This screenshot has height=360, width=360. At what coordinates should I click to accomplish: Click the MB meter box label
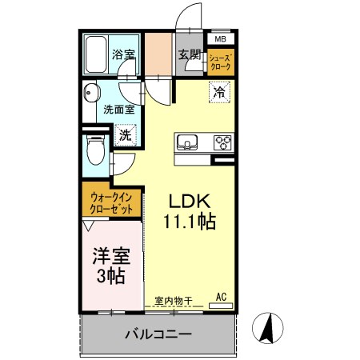221,39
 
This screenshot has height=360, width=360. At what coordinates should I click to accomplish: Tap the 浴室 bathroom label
123,54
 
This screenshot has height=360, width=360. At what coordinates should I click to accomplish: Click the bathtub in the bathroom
96,54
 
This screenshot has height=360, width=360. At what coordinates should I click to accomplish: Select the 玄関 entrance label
190,54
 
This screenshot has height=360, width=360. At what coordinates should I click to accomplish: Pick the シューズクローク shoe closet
221,62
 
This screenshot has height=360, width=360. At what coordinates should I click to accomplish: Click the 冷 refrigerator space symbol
219,92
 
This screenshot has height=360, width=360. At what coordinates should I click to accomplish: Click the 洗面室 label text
119,110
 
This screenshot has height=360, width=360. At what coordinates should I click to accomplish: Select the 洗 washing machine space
126,135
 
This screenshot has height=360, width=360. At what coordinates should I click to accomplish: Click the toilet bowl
96,150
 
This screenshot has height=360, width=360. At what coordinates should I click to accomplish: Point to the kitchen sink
187,142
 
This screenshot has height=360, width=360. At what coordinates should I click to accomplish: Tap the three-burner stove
222,142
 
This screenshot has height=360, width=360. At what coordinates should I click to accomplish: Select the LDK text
190,202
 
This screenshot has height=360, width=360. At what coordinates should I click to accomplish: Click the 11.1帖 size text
190,222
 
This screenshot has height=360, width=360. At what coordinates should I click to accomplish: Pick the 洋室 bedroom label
111,256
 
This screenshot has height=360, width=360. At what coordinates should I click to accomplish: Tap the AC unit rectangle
221,306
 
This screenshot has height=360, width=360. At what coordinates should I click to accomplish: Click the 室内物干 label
174,301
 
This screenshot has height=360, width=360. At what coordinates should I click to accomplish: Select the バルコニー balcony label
158,334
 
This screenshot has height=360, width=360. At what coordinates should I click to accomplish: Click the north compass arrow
267,328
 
